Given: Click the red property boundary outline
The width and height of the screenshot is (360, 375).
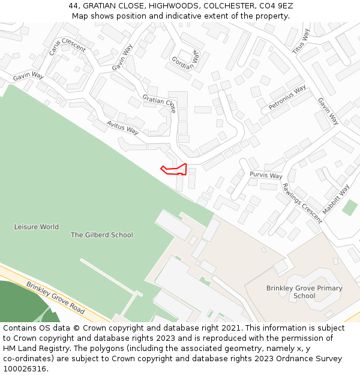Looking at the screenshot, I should [175, 169].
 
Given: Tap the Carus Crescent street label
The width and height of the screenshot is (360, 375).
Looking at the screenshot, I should [59, 43].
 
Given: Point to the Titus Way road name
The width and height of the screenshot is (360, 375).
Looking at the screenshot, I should [301, 40].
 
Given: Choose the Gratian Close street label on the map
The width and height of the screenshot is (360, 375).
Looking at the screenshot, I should [159, 103].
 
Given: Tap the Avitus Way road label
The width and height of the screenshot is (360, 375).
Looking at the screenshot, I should [122, 127].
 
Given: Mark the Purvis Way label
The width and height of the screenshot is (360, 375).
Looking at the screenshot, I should [266, 175].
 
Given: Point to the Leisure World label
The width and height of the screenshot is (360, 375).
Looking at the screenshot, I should [37, 227].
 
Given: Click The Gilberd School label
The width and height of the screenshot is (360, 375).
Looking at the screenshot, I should [102, 235].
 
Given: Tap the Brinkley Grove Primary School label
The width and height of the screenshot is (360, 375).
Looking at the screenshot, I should [304, 292].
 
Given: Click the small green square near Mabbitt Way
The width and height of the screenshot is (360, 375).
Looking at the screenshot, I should [349, 208].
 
